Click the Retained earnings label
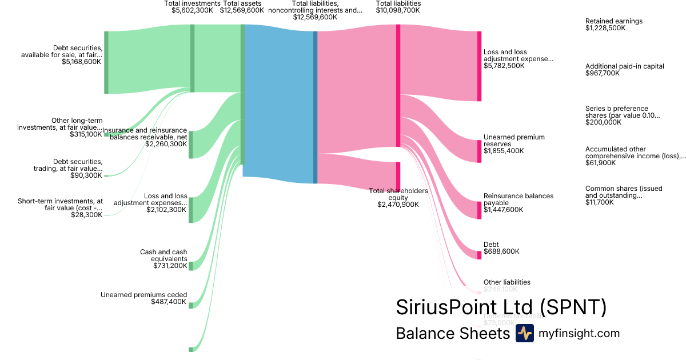(x=613, y=21)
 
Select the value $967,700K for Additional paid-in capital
(x=602, y=73)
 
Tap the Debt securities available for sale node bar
(x=106, y=62)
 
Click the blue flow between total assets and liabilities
(x=278, y=103)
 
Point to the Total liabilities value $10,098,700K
(x=398, y=10)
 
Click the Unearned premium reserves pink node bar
(x=480, y=151)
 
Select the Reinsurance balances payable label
(x=518, y=199)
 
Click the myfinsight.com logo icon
(x=524, y=333)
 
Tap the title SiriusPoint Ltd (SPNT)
(x=501, y=307)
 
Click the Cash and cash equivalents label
(x=163, y=255)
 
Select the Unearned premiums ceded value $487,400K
(x=169, y=302)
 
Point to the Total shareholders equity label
(x=398, y=194)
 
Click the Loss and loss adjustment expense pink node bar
(x=480, y=66)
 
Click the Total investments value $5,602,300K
(x=192, y=10)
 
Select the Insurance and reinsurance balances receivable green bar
(x=191, y=144)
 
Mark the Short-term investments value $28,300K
(x=87, y=215)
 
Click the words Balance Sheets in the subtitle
(x=452, y=333)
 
